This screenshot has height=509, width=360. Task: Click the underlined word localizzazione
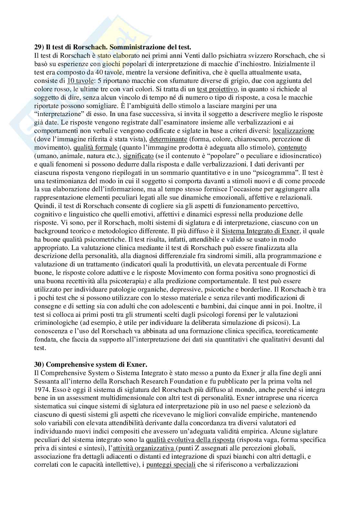294,131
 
